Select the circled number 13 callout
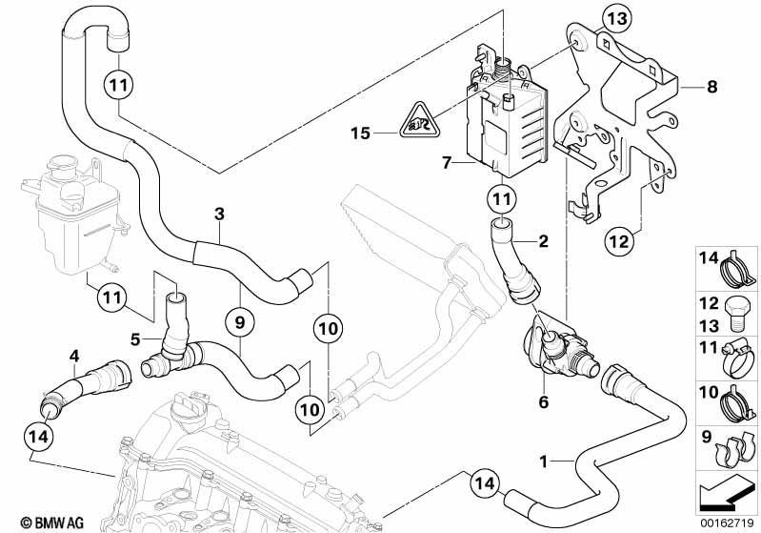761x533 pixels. point(617,19)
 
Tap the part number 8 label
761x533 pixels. point(711,87)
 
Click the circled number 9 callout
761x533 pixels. point(240,322)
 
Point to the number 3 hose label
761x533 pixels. point(219,214)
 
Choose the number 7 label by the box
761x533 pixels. point(447,162)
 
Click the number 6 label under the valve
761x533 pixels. point(544,401)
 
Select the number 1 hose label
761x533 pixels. point(544,461)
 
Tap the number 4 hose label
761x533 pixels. point(73,357)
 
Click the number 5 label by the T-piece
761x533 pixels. point(135,339)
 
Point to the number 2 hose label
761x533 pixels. point(543,240)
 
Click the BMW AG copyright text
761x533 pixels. point(52,523)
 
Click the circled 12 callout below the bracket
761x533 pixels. point(619,241)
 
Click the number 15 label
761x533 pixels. point(361,133)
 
